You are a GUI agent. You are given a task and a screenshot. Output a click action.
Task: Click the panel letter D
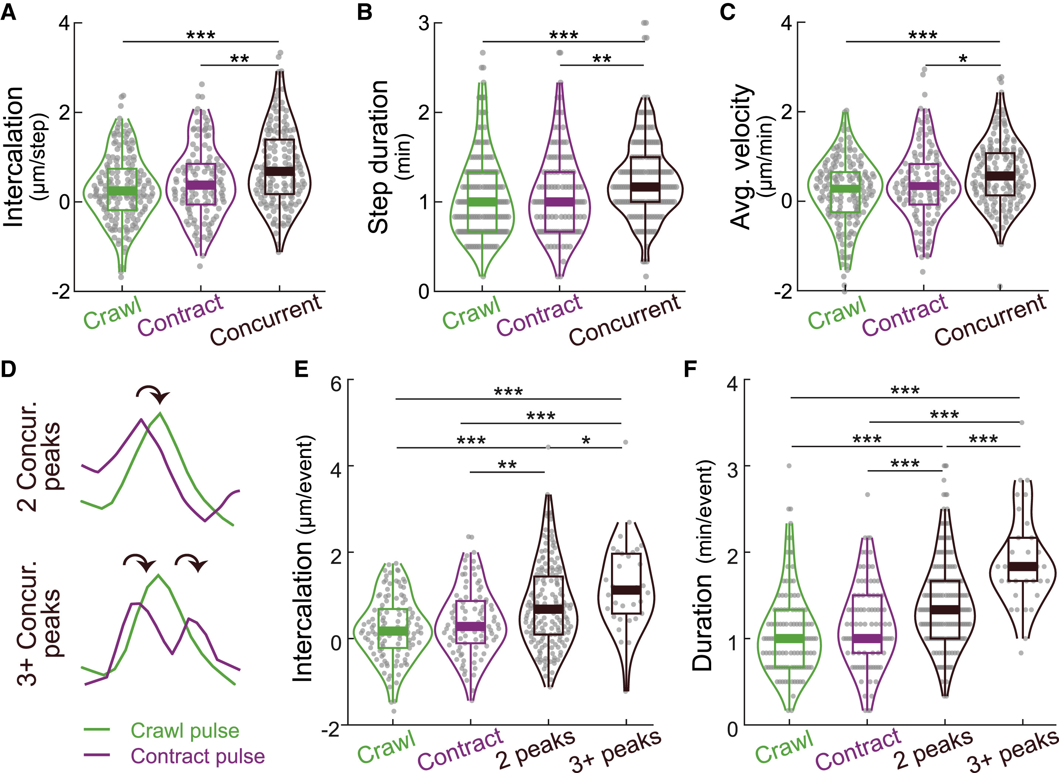coord(9,369)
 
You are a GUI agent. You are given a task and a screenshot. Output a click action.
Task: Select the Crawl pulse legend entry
coord(184,731)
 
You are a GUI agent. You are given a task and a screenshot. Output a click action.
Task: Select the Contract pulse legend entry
coord(197,756)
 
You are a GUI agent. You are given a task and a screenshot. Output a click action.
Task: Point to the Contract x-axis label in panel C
coord(904,315)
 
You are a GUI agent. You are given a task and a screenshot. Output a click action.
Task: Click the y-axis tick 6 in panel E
coord(336,384)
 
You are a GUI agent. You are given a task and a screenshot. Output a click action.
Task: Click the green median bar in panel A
coord(122,191)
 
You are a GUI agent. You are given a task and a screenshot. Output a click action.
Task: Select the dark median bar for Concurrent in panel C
coord(1000,176)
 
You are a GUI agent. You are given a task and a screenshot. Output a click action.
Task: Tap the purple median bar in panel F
coord(867,638)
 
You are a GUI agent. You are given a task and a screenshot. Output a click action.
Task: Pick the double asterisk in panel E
coord(507,465)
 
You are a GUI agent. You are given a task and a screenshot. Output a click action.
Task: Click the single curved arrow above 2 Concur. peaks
coord(153,394)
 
